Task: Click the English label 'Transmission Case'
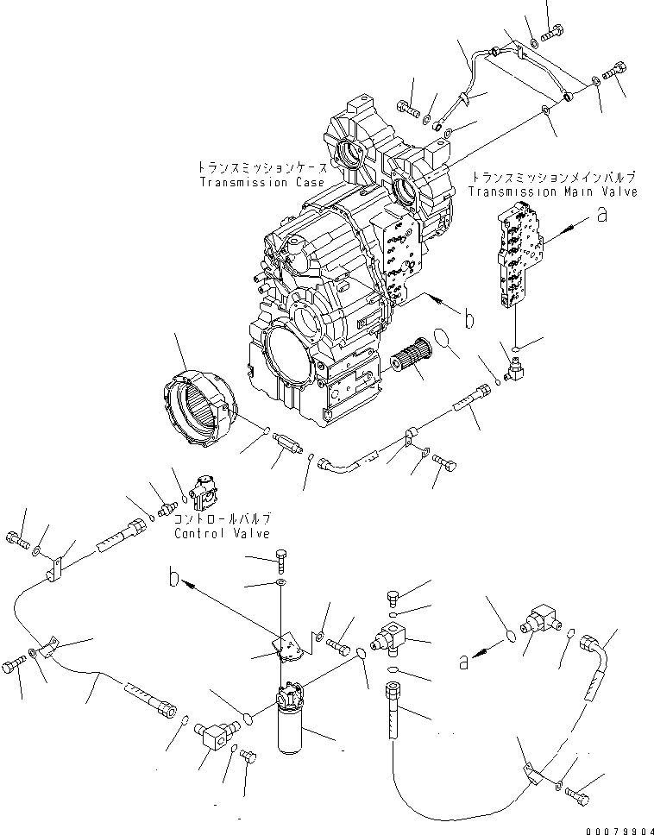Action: coord(261,183)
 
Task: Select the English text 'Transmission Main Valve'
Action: coord(553,191)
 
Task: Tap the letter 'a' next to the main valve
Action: coord(602,217)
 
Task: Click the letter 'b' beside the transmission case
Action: coord(469,320)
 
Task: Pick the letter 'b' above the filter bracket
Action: coord(175,581)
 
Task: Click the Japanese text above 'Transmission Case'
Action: coord(261,167)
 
